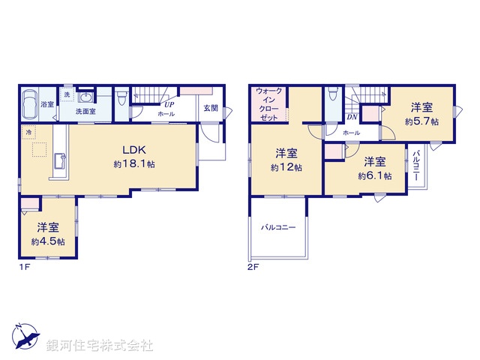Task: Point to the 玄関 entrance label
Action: pos(211,107)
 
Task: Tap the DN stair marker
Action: pos(351,117)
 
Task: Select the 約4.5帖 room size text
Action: pos(47,241)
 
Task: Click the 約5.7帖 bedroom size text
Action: pos(421,120)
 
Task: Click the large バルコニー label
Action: pos(278,226)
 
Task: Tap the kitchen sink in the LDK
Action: pos(60,160)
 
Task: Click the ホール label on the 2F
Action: pos(351,133)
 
